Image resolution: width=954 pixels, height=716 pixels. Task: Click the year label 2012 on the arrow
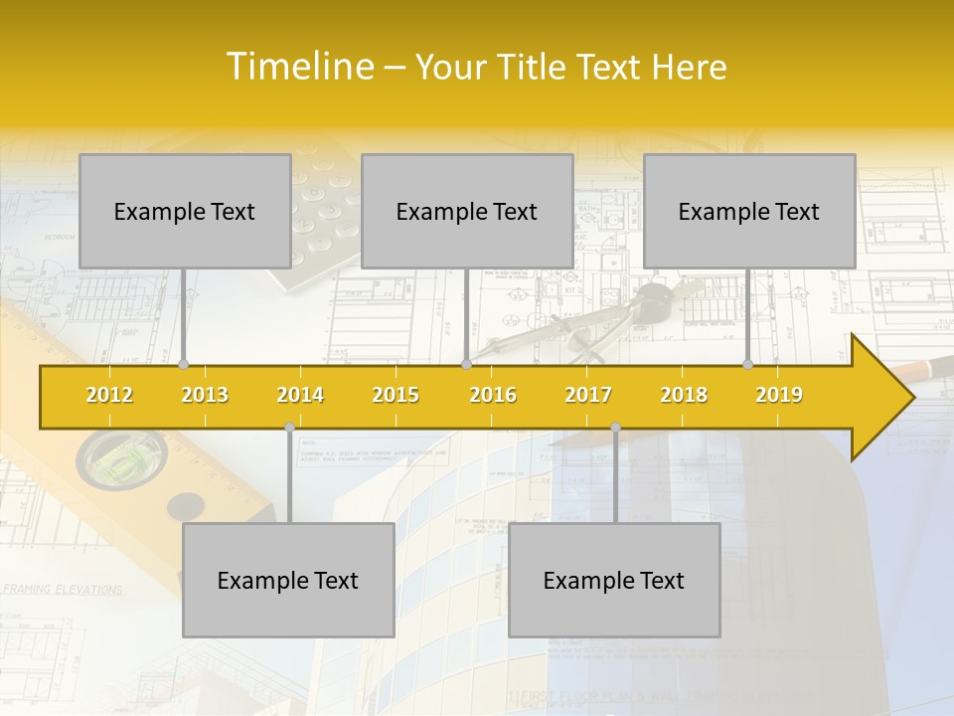pyautogui.click(x=109, y=395)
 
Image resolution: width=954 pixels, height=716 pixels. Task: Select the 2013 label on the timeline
pyautogui.click(x=205, y=395)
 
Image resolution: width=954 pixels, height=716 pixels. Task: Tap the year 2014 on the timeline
pyautogui.click(x=300, y=395)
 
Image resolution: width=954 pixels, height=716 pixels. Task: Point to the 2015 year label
pyautogui.click(x=396, y=395)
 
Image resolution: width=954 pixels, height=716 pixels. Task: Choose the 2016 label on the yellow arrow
pyautogui.click(x=493, y=395)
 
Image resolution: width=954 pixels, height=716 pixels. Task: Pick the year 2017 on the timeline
pyautogui.click(x=588, y=395)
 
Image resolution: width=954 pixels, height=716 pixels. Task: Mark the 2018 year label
pyautogui.click(x=684, y=395)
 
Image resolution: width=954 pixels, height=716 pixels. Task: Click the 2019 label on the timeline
pyautogui.click(x=779, y=395)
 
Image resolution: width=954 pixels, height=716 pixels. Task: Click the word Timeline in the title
pyautogui.click(x=298, y=67)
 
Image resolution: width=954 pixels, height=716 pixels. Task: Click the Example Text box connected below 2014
pyautogui.click(x=288, y=580)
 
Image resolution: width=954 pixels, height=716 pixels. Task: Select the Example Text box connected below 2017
pyautogui.click(x=614, y=580)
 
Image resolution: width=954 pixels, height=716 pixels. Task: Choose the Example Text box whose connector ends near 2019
pyautogui.click(x=749, y=211)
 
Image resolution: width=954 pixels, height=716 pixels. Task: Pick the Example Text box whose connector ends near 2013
pyautogui.click(x=185, y=211)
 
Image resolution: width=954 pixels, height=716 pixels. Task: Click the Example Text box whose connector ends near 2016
pyautogui.click(x=467, y=211)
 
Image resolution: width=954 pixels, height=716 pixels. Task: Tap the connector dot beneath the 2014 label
pyautogui.click(x=289, y=427)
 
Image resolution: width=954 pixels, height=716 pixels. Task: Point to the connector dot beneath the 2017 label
pyautogui.click(x=615, y=427)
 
